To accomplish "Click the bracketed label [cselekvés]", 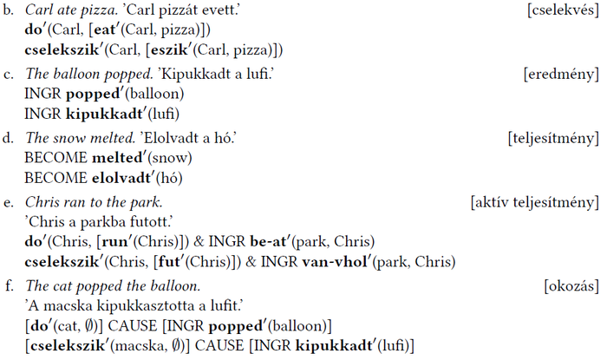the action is (563, 10).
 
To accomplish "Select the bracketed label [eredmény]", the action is (561, 74).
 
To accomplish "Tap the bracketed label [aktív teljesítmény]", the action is (535, 202).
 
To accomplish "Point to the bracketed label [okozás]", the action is (571, 286).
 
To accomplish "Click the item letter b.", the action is (8, 10).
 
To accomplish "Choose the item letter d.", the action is (8, 138).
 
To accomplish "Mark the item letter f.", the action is (9, 285).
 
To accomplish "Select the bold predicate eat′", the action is (107, 29).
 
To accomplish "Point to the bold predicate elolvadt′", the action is (123, 178).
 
